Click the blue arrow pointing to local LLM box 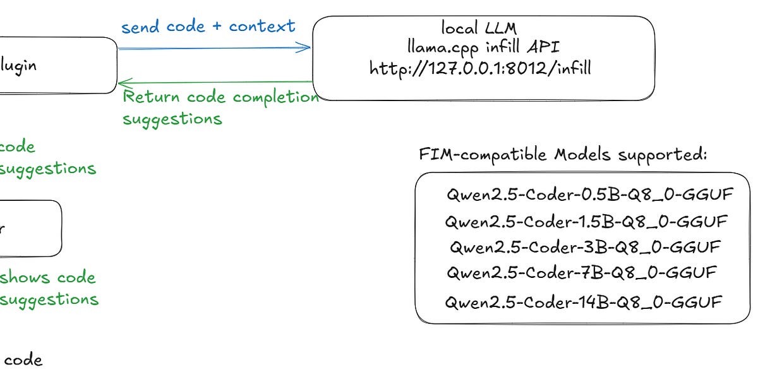pos(215,47)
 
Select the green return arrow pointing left pos(215,82)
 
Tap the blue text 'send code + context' pos(208,27)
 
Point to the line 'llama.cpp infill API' pos(483,47)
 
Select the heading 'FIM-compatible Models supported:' pos(563,155)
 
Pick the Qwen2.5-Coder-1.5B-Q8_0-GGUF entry pos(586,222)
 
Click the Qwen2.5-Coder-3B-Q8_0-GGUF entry pos(585,247)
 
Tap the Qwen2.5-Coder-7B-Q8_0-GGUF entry pos(582,273)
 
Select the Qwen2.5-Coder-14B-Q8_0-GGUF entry pos(583,302)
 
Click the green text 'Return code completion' pos(220,97)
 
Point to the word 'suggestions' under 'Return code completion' pos(172,119)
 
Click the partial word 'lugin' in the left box pos(18,64)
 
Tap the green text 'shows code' pos(47,278)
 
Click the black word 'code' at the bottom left pos(23,361)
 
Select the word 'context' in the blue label pos(262,27)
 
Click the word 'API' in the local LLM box pos(543,47)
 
